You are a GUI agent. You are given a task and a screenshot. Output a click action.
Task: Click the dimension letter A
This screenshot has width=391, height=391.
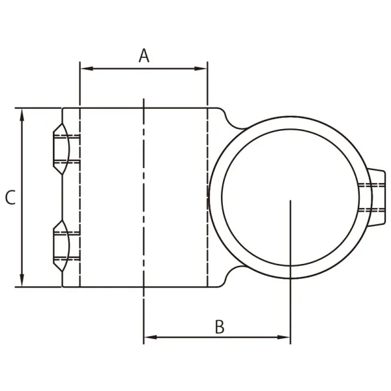pos(144,55)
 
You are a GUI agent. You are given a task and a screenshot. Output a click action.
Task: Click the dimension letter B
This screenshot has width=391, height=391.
pos(220,327)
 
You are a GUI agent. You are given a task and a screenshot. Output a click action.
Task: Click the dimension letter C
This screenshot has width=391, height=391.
pos(10,198)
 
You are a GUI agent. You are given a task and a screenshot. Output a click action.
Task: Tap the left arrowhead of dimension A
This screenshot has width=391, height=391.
pos(85,68)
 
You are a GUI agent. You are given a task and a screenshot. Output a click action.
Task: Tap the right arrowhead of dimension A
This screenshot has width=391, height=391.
pos(202,68)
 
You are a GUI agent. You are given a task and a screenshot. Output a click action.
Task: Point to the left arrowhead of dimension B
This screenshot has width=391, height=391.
pos(149,337)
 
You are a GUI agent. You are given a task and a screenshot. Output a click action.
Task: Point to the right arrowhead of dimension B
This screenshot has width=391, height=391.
pos(285,337)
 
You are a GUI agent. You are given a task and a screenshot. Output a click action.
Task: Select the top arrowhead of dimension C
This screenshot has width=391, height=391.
pos(23,114)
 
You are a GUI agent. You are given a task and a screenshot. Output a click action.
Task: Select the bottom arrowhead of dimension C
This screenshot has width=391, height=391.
pos(23,281)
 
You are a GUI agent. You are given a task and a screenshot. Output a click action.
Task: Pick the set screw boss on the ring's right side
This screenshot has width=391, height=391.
pos(375,197)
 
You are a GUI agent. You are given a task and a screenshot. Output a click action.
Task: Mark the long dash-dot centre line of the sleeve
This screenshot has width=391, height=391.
pos(143,195)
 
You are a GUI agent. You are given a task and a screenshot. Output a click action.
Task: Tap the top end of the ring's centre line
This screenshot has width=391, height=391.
pos(290,202)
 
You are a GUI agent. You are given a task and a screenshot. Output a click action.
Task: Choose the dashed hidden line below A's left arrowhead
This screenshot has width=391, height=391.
pos(80,195)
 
